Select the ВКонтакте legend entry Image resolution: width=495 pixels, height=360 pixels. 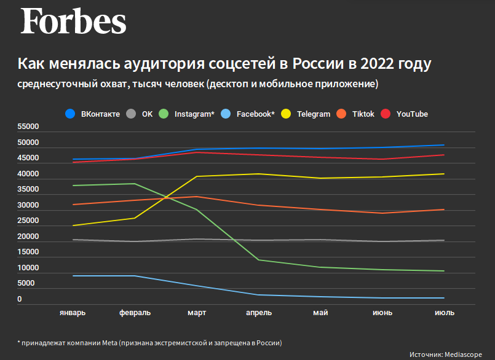click(x=93, y=114)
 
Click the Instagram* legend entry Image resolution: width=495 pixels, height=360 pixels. click(x=187, y=114)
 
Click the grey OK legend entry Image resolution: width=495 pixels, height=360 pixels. click(x=140, y=114)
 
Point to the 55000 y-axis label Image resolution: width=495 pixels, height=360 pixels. click(x=28, y=127)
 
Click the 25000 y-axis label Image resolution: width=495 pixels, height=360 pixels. click(x=28, y=221)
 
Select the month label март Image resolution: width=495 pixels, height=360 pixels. click(x=197, y=313)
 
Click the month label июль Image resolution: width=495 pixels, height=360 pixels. click(x=444, y=313)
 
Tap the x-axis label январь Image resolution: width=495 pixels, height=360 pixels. click(x=73, y=313)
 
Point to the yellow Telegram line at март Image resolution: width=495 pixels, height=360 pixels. click(x=197, y=176)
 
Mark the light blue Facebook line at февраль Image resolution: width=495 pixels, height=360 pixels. click(x=135, y=276)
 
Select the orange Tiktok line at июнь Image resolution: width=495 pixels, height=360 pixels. click(x=382, y=213)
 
